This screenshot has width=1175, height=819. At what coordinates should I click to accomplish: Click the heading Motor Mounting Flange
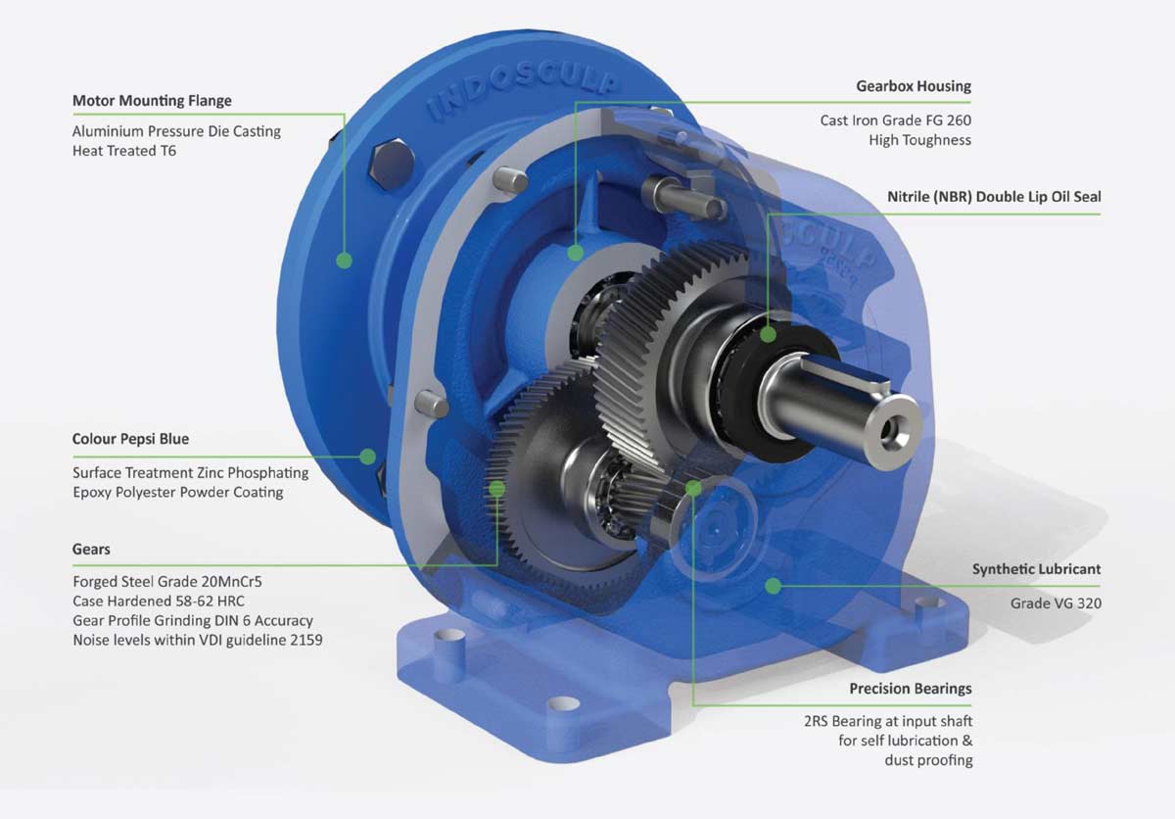coord(152,101)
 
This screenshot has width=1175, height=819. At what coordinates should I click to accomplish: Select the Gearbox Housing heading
coord(913,86)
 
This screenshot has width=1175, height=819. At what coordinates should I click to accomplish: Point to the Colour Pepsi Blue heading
coord(130,439)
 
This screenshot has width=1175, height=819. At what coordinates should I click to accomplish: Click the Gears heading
coord(91,550)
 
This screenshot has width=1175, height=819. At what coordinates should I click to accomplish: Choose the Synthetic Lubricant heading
coord(1036,569)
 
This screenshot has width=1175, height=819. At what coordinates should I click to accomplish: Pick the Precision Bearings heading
coord(911,689)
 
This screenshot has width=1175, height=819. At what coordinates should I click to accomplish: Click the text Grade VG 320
coord(1056,603)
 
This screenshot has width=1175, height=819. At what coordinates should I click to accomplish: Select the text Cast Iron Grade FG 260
coord(895,120)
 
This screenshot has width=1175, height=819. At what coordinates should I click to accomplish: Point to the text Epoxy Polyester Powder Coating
coord(177,492)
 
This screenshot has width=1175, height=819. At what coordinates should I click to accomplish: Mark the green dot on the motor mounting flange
coord(344,260)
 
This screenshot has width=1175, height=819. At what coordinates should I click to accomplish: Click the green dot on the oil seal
coord(768,334)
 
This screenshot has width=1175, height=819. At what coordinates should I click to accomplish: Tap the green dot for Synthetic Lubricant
coord(773,586)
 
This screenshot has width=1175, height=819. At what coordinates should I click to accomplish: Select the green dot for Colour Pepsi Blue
coord(367,456)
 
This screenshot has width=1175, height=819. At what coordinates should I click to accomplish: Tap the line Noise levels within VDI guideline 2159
coord(197,640)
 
